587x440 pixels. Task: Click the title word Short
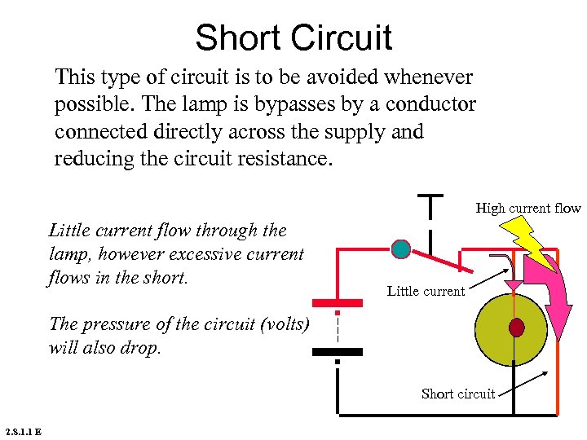tap(241, 38)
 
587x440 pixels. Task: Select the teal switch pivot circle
tap(400, 249)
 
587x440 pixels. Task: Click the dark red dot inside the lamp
tap(516, 327)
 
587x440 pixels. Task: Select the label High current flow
tap(527, 209)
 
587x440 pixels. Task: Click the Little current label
tap(426, 291)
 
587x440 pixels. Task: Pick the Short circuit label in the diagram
tap(457, 394)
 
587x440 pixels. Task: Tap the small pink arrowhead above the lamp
tap(514, 284)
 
